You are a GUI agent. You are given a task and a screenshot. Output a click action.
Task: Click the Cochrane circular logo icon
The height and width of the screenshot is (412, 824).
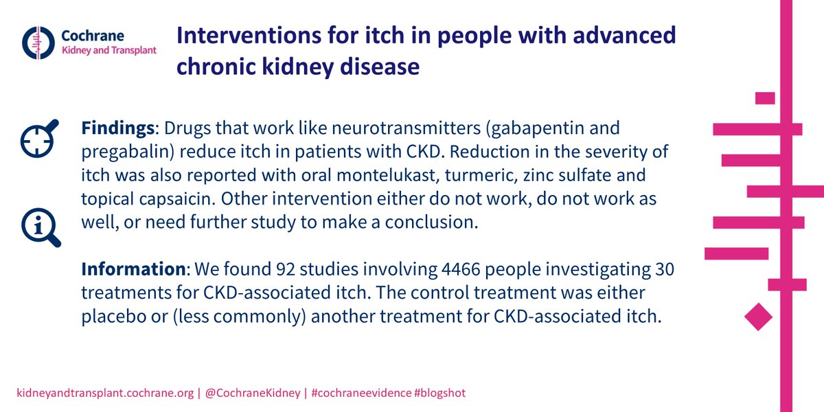38,43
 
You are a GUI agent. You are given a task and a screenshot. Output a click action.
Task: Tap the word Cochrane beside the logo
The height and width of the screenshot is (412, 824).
93,36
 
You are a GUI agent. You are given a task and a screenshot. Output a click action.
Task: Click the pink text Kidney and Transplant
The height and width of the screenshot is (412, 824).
109,50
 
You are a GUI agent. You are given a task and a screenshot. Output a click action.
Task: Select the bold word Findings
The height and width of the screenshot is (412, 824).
117,128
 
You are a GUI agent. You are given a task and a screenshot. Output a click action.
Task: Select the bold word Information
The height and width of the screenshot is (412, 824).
133,269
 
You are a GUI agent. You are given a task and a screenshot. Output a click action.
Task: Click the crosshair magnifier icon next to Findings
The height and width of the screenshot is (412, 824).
40,138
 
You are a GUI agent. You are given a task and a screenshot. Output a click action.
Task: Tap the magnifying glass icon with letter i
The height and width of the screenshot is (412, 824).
41,227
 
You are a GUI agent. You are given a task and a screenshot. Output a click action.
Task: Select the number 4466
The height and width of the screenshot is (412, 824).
461,269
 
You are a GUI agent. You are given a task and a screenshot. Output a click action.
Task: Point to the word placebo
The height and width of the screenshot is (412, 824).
114,317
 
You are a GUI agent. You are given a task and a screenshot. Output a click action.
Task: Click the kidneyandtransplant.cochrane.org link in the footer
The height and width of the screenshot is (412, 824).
105,393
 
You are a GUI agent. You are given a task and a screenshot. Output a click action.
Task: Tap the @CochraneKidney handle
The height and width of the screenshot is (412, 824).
253,393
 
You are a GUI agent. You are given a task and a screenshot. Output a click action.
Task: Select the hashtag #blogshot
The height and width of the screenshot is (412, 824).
439,393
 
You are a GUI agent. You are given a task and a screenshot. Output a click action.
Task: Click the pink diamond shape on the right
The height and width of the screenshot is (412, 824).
758,317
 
